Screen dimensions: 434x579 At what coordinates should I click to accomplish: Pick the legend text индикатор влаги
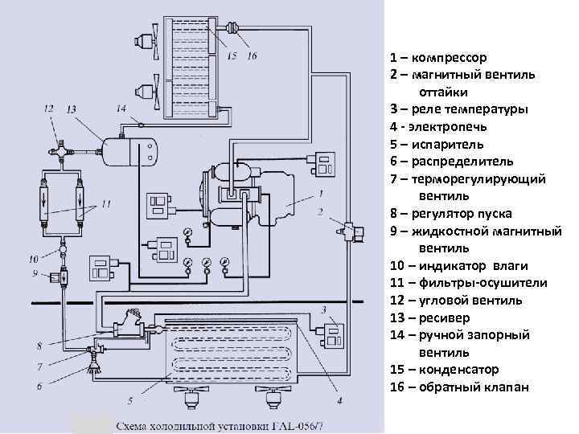[x=474, y=265]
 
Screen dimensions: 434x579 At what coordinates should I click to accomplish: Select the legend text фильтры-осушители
[x=482, y=283]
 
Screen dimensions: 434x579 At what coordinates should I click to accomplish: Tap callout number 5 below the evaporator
[x=129, y=399]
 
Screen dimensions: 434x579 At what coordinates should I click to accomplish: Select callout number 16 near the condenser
[x=253, y=56]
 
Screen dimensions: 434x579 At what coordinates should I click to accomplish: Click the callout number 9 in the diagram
[x=36, y=274]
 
